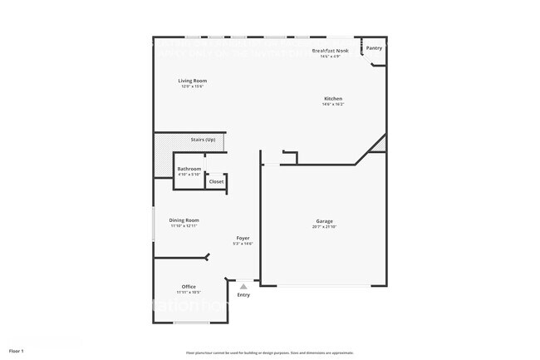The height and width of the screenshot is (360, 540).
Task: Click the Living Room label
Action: (193, 81)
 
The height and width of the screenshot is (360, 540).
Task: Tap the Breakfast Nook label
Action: (330, 51)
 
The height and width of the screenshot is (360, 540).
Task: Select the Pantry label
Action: (375, 48)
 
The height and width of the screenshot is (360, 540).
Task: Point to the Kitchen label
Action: (333, 99)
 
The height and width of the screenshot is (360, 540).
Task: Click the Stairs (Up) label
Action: (203, 140)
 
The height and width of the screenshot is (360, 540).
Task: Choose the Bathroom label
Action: (189, 169)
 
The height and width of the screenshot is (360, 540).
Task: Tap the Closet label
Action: (216, 181)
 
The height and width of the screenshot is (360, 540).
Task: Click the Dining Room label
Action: (184, 220)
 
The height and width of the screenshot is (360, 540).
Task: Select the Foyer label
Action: (243, 238)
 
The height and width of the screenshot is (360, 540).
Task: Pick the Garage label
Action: (323, 221)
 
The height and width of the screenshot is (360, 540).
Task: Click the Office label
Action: (189, 287)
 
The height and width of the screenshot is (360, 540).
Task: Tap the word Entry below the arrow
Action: (243, 295)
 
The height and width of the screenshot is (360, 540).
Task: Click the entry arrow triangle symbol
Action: (243, 286)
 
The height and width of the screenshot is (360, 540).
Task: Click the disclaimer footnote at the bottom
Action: (270, 353)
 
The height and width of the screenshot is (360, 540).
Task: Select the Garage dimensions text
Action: (323, 227)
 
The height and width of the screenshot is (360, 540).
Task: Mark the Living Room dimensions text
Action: (193, 86)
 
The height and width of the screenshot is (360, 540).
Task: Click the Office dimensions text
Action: (189, 293)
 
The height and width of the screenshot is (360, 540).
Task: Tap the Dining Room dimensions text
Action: (184, 226)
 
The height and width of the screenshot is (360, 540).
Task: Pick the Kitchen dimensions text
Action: (333, 105)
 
